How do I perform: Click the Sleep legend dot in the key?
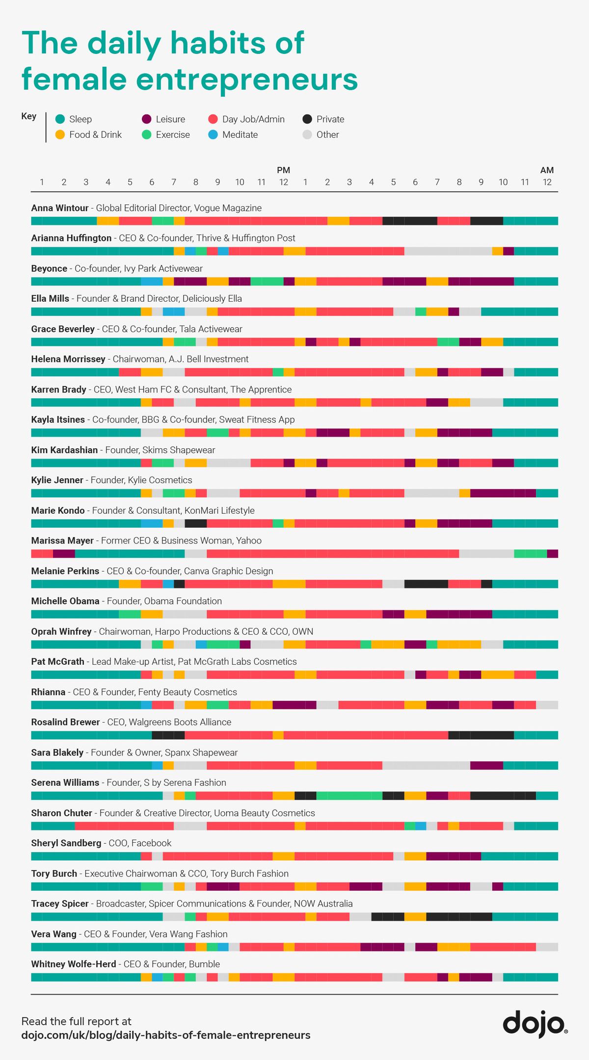(x=60, y=119)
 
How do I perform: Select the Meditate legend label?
(x=240, y=135)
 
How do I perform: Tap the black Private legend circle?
(x=307, y=119)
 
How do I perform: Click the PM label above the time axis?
(x=283, y=170)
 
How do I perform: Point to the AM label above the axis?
(x=547, y=170)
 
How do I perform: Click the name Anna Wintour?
(x=60, y=208)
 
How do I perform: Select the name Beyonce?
(x=49, y=268)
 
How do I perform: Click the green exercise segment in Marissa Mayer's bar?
(x=530, y=554)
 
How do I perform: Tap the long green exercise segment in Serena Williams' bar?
(x=349, y=796)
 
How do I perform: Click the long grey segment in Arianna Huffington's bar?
(x=448, y=251)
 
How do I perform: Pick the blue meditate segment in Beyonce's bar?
(x=152, y=282)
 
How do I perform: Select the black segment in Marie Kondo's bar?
(x=195, y=523)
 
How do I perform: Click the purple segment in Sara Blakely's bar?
(x=486, y=765)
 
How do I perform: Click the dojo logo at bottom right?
(x=535, y=1023)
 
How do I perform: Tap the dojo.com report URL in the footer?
(x=165, y=1035)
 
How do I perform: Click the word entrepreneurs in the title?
(x=246, y=79)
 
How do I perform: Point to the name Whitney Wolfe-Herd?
(x=74, y=964)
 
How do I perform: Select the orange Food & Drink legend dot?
(x=60, y=135)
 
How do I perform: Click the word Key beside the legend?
(x=28, y=116)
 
